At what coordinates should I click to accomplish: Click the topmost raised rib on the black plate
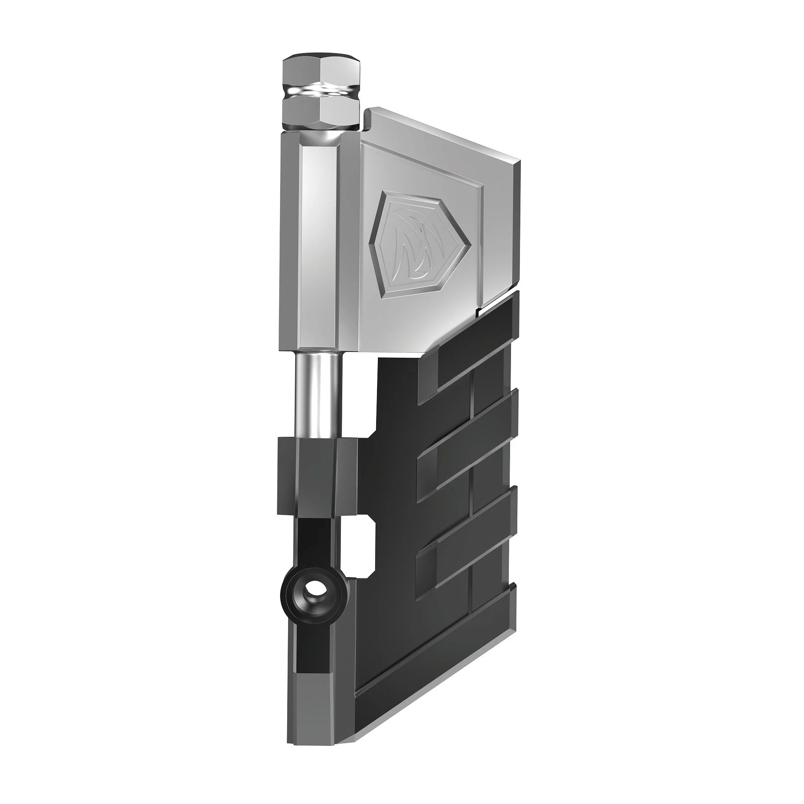point(473,362)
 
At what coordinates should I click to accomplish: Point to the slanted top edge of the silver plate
point(442,134)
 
